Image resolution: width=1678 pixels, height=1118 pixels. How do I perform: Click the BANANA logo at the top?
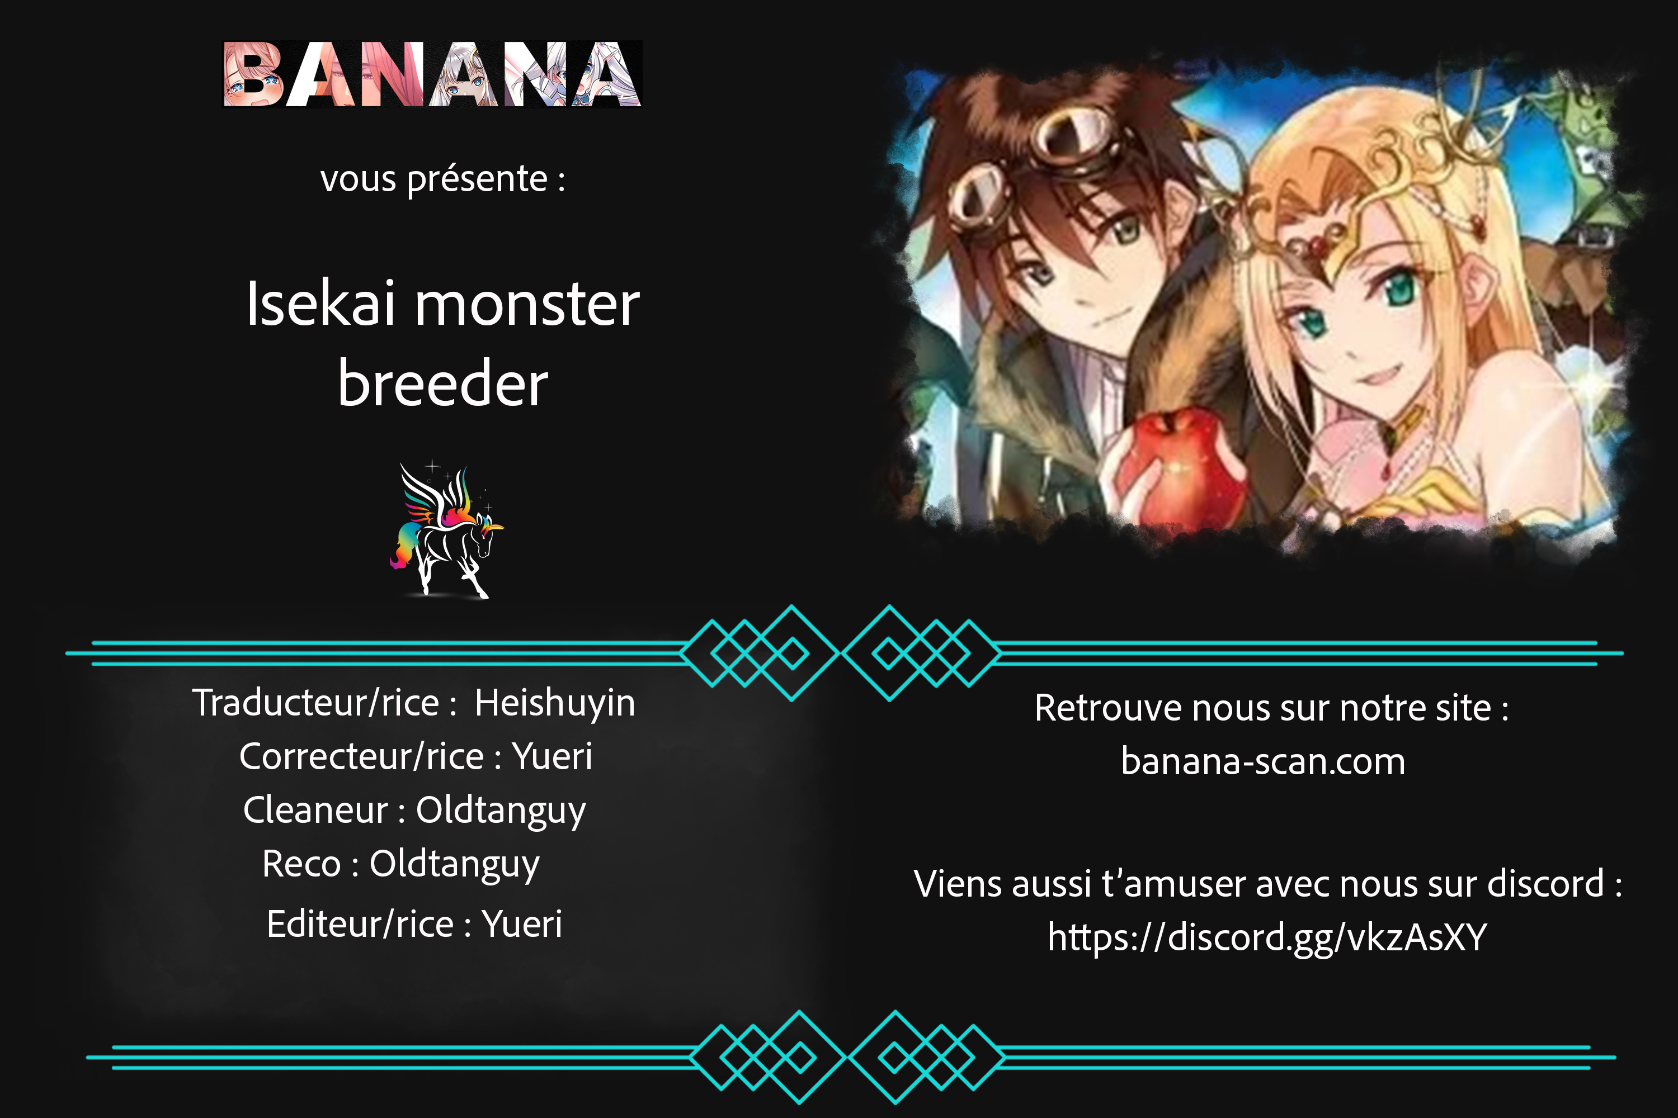[x=432, y=74]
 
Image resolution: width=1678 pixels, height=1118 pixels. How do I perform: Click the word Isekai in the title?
[x=320, y=305]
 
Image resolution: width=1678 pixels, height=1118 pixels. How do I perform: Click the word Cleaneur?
[x=315, y=810]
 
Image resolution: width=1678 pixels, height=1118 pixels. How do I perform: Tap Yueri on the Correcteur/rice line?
[x=552, y=756]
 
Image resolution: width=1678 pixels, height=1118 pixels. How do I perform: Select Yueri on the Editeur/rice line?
[x=522, y=924]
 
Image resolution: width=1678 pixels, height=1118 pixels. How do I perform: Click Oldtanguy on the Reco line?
[x=454, y=865]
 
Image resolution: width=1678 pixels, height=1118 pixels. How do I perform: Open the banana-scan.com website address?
[x=1263, y=761]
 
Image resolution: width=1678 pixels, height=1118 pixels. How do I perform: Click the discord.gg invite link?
[x=1267, y=937]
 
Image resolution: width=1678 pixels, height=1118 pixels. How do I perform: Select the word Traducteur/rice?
[x=315, y=703]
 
